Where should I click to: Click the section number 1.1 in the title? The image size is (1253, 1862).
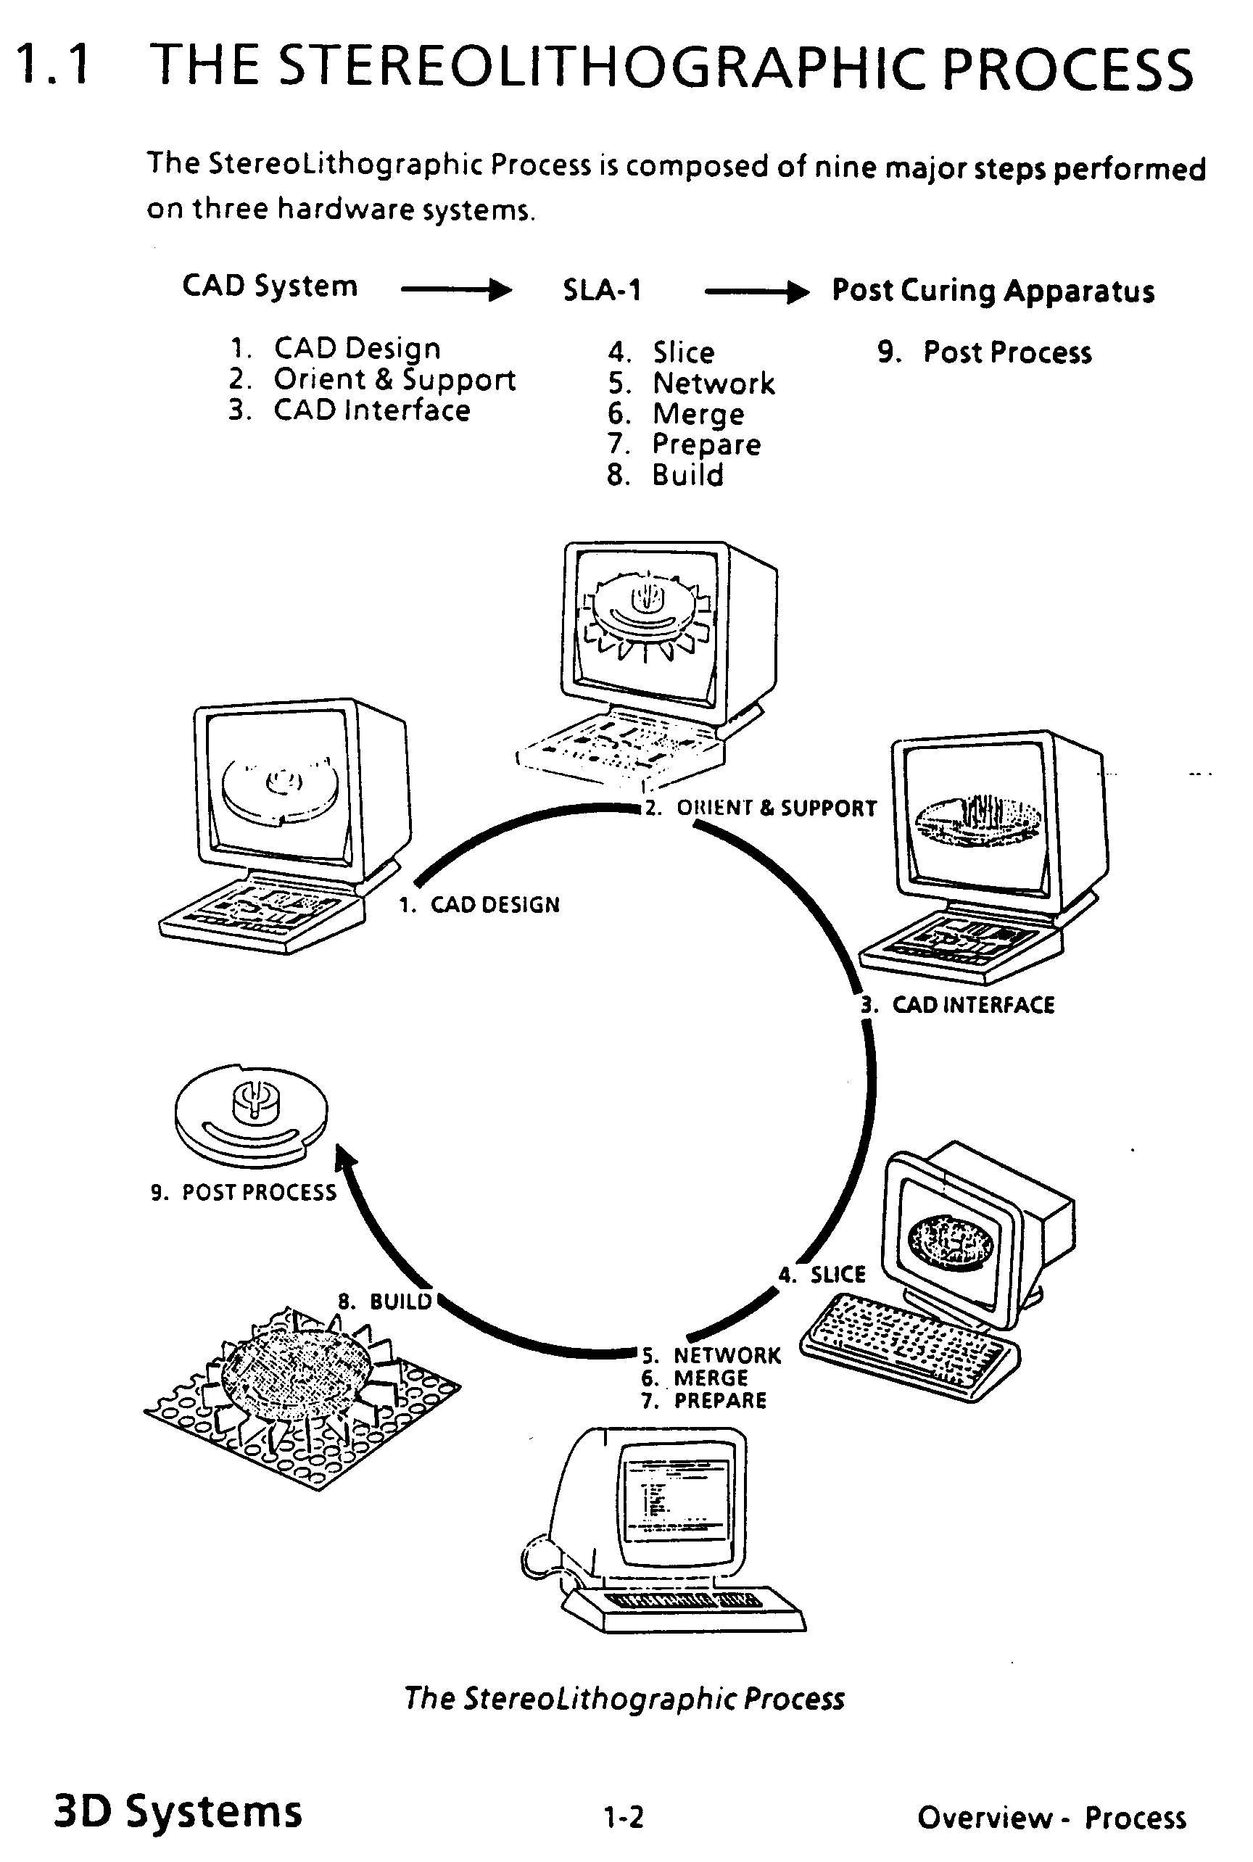tap(53, 65)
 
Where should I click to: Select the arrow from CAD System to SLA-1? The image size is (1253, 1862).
tap(455, 289)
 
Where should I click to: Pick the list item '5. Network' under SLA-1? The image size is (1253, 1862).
tap(691, 384)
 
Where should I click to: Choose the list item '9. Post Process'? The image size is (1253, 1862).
tap(985, 352)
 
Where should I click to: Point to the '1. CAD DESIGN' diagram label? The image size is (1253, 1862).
tap(479, 905)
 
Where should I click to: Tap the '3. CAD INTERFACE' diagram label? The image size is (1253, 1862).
tap(959, 1004)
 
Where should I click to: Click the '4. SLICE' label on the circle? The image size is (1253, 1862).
tap(823, 1274)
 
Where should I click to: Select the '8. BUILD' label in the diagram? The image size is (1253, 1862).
tap(385, 1301)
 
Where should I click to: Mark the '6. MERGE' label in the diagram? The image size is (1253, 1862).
tap(695, 1378)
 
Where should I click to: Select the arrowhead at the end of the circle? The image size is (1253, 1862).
tap(344, 1158)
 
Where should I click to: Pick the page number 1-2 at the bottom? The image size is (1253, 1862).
tap(624, 1818)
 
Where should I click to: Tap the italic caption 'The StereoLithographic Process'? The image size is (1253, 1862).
tap(624, 1697)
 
